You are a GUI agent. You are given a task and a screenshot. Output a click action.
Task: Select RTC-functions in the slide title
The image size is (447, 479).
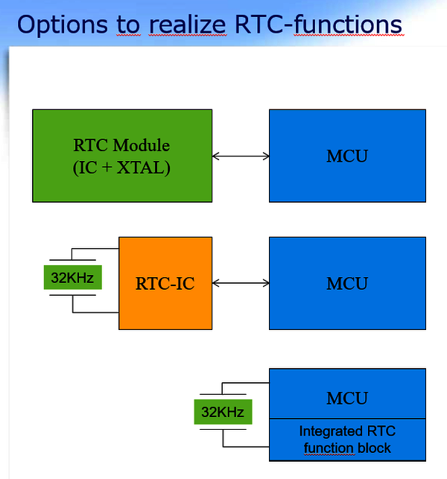[x=320, y=25]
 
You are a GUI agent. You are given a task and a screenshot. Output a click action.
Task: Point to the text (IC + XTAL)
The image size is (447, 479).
[x=122, y=168]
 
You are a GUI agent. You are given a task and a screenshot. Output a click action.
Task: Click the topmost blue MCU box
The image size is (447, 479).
[x=347, y=156]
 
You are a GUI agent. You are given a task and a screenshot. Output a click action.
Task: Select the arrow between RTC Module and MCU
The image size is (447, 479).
[x=241, y=156]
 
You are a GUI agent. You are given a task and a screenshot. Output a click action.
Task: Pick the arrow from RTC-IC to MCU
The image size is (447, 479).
[x=241, y=283]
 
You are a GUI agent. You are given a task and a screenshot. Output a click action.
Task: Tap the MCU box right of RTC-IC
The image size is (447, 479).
[x=347, y=283]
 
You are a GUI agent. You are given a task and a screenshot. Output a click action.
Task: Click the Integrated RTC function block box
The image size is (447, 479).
[x=347, y=440]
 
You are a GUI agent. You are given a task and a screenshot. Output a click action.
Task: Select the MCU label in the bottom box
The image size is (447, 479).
[x=347, y=398]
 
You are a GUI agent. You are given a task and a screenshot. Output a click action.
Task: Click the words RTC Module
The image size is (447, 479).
[x=122, y=145]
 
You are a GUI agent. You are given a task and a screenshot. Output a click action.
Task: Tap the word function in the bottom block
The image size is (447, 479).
[x=330, y=448]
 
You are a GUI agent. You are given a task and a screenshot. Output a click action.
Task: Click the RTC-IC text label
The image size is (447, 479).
[x=165, y=283]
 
